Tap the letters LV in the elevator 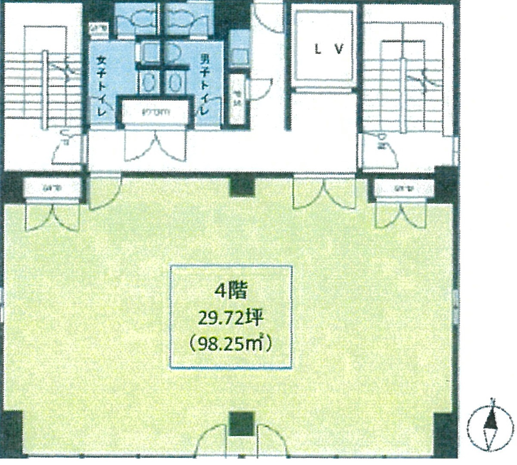pos(328,50)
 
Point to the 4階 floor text pos(231,291)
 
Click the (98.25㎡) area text pos(231,344)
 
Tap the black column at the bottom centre pos(240,424)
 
